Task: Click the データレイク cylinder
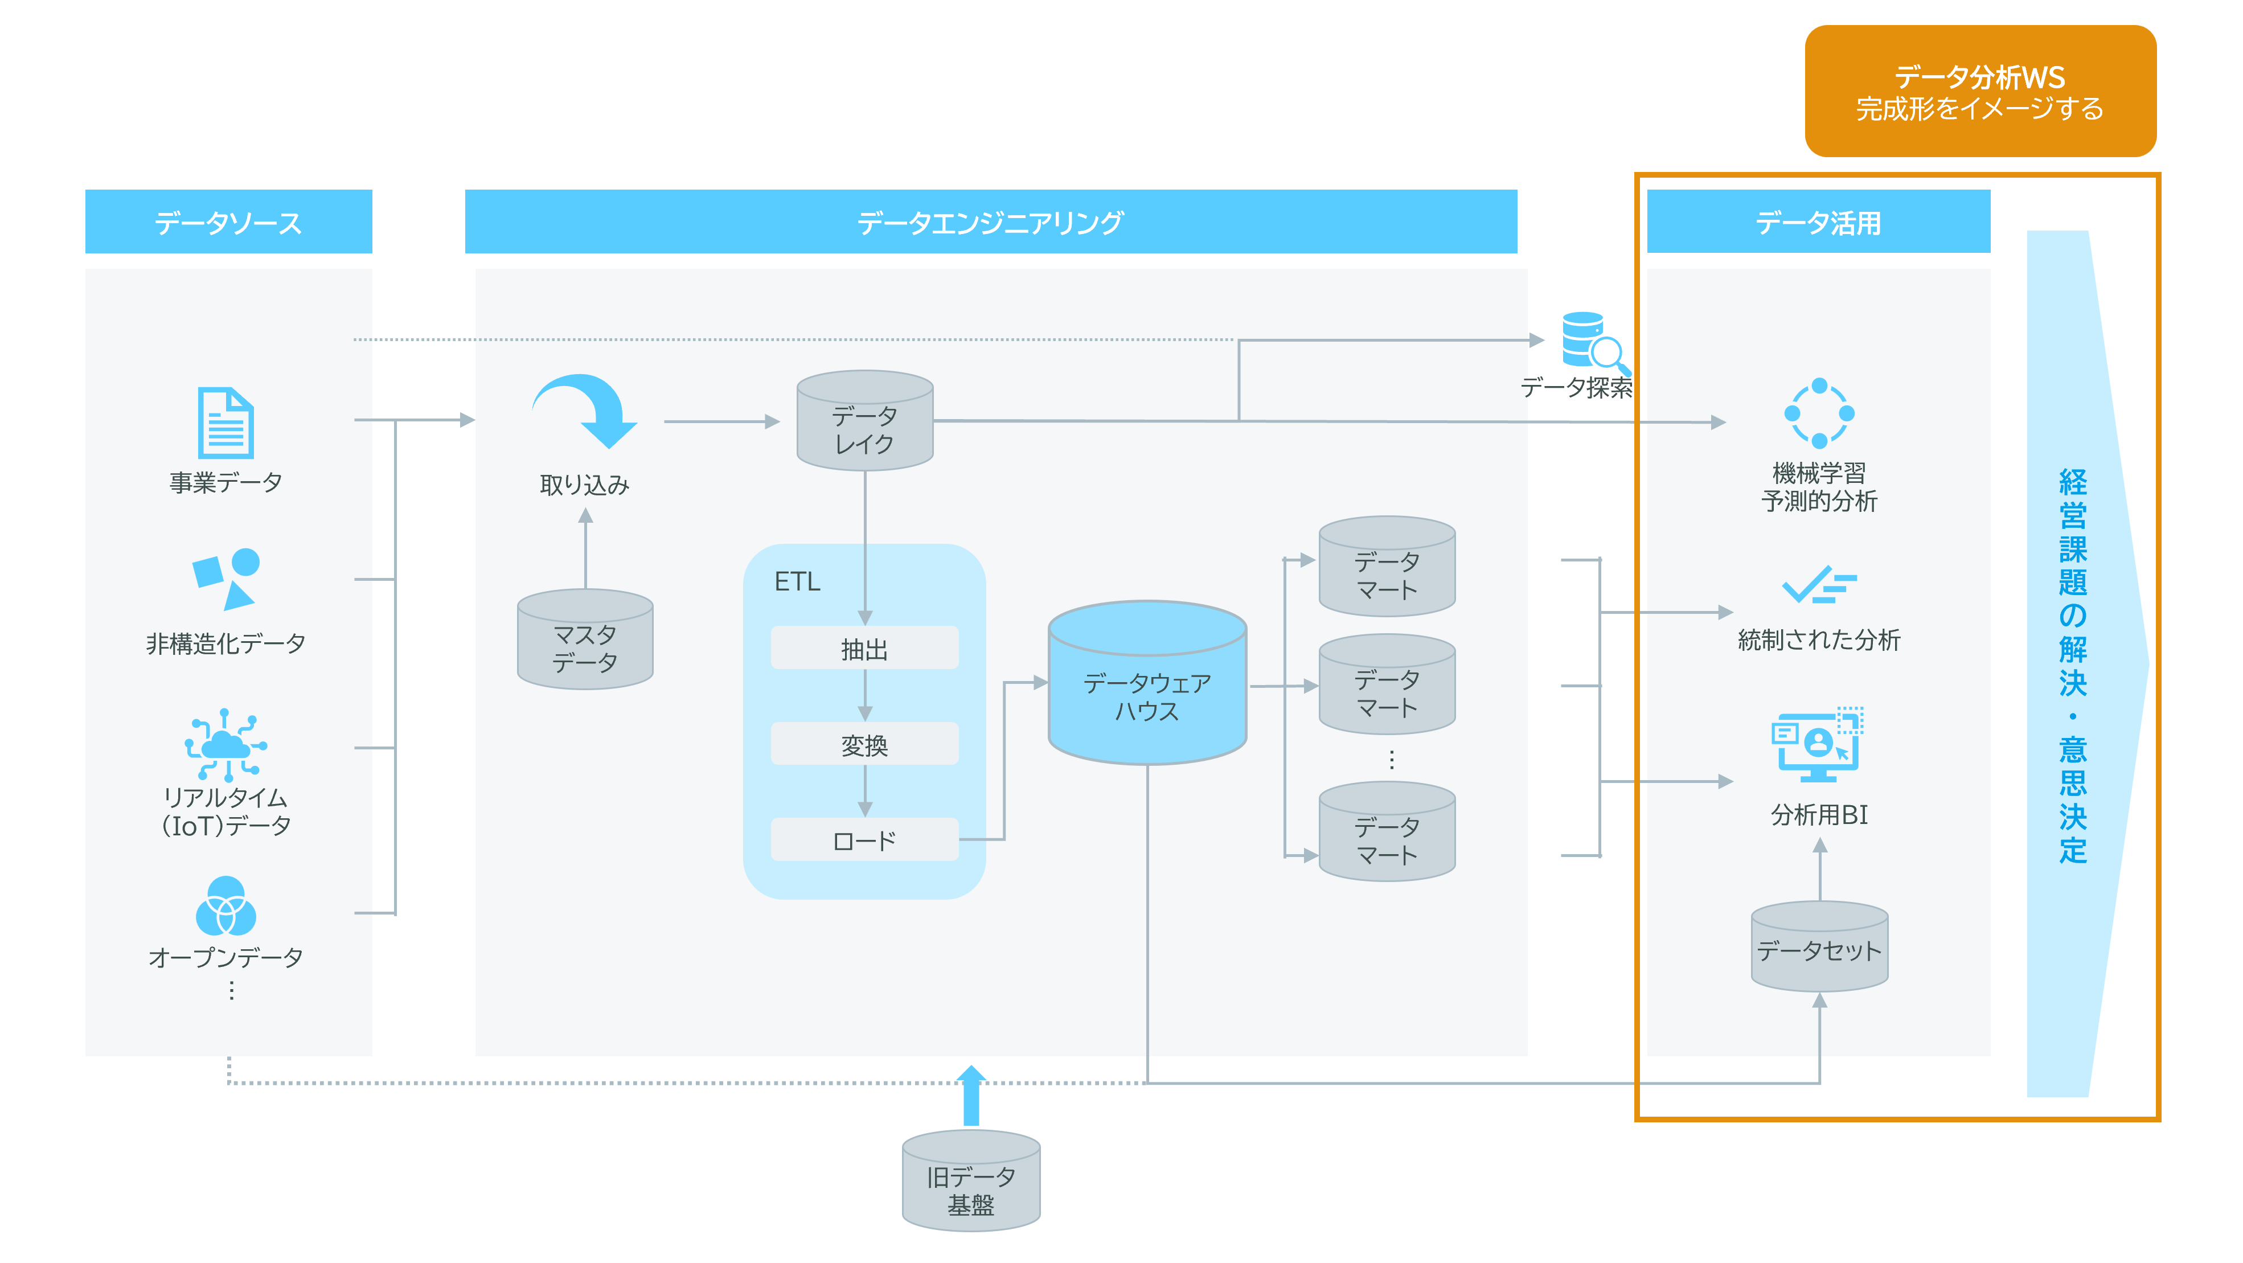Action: coord(864,420)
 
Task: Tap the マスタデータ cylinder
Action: coord(585,640)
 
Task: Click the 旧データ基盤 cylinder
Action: coord(971,1181)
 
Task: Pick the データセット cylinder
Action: coord(1819,947)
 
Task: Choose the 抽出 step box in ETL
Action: coord(864,649)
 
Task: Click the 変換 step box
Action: coord(864,744)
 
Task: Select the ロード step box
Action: coord(864,840)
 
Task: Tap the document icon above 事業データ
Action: coord(225,423)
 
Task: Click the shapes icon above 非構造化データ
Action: coord(225,578)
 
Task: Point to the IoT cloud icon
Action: coord(225,744)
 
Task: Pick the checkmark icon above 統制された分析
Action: coord(1819,585)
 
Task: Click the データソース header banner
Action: coord(229,222)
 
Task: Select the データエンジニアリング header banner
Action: coord(991,222)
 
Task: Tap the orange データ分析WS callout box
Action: coord(1980,92)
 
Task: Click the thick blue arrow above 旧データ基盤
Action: coord(971,1095)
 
